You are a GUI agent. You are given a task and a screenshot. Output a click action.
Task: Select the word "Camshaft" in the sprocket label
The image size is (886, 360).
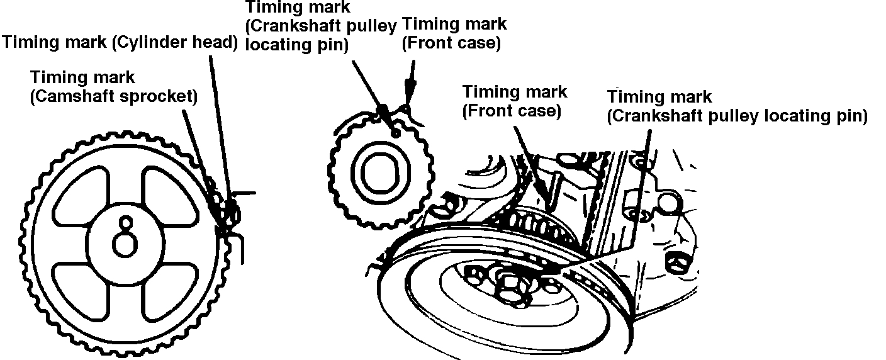(72, 97)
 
